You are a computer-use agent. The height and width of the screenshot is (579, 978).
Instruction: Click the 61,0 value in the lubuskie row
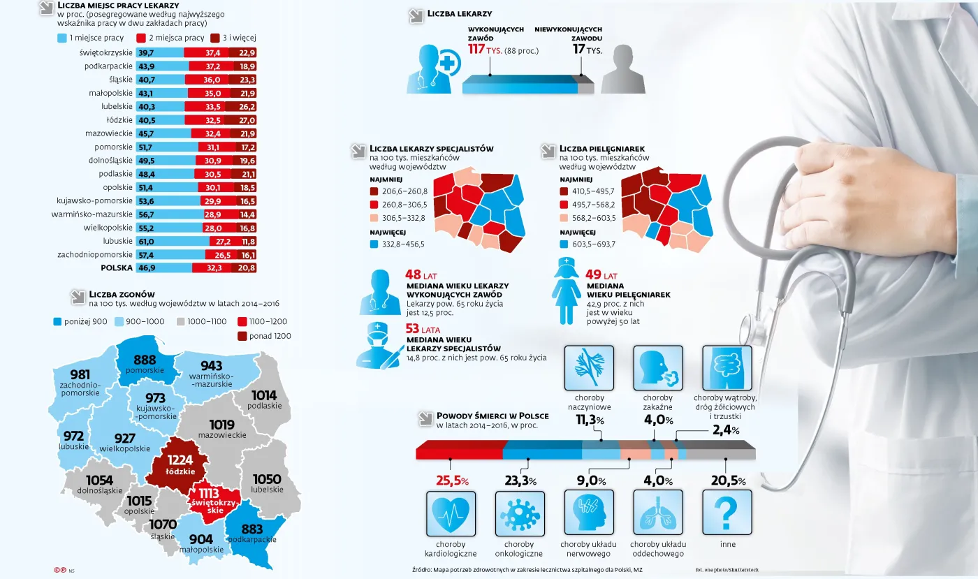coord(146,241)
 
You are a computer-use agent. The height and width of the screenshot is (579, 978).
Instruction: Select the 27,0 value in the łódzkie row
coord(247,120)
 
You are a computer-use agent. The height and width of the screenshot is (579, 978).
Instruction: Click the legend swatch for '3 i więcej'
coord(215,38)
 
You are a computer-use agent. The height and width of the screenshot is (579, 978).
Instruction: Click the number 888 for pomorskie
coord(145,359)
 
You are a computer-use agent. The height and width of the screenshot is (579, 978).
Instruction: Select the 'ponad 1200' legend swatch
coord(243,336)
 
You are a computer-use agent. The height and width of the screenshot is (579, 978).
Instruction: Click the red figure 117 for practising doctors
coord(476,50)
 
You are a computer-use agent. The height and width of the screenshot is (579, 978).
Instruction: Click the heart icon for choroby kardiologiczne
coord(450,512)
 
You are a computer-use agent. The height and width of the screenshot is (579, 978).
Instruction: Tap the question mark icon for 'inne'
coord(727,512)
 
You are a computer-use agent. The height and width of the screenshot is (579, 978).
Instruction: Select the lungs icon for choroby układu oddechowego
coord(657,512)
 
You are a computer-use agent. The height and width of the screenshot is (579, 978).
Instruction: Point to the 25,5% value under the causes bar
coord(452,481)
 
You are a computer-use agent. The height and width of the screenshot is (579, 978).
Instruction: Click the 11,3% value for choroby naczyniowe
coord(590,420)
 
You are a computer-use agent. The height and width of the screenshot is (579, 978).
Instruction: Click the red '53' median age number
coord(413,328)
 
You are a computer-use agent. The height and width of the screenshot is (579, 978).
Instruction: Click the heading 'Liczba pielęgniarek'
coord(601,149)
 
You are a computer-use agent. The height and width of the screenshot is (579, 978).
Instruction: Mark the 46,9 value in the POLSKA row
coord(147,267)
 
